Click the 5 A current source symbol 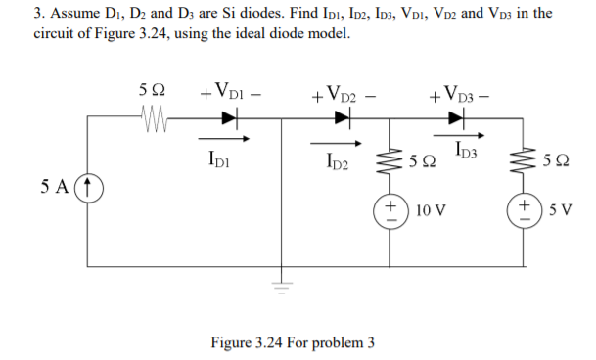[89, 184]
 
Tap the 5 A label [57, 184]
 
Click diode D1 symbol [229, 118]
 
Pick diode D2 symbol [342, 118]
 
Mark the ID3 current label [468, 150]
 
